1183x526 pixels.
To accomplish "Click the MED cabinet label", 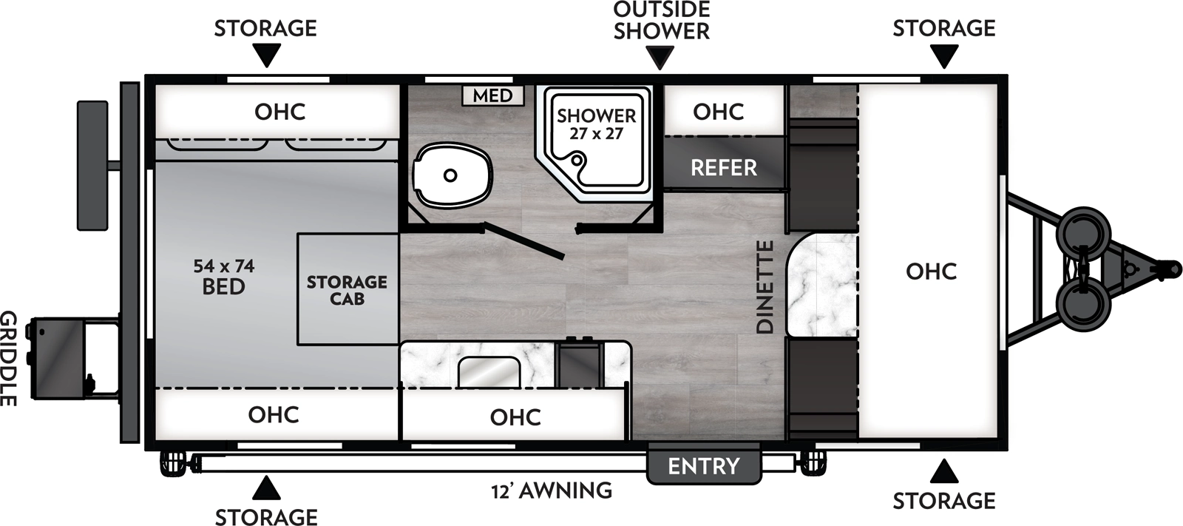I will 492,95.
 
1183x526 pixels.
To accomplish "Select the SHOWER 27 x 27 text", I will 596,124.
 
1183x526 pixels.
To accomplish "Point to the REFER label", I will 723,168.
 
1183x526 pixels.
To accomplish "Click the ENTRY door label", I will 703,466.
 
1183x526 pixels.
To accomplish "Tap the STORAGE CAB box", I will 347,290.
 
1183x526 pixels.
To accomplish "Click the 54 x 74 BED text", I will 223,277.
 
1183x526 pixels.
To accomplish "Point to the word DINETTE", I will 765,286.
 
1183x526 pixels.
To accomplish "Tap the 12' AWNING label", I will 552,490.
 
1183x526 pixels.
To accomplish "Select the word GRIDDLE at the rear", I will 8,358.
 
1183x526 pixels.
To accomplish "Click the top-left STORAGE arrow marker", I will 266,55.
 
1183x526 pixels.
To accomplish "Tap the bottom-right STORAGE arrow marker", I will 943,471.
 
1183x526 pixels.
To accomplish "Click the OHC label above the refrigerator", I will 718,112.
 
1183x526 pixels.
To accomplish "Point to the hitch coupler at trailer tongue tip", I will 1169,265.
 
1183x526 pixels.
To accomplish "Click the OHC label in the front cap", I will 931,272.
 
